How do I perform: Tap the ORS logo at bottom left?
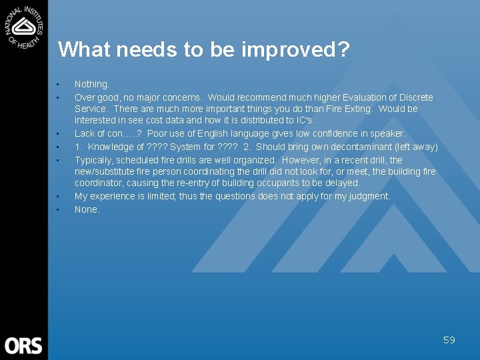(x=23, y=345)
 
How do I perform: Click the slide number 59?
(x=449, y=340)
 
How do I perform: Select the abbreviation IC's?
(x=303, y=120)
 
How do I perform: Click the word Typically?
(x=93, y=160)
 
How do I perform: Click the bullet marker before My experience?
(x=58, y=196)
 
